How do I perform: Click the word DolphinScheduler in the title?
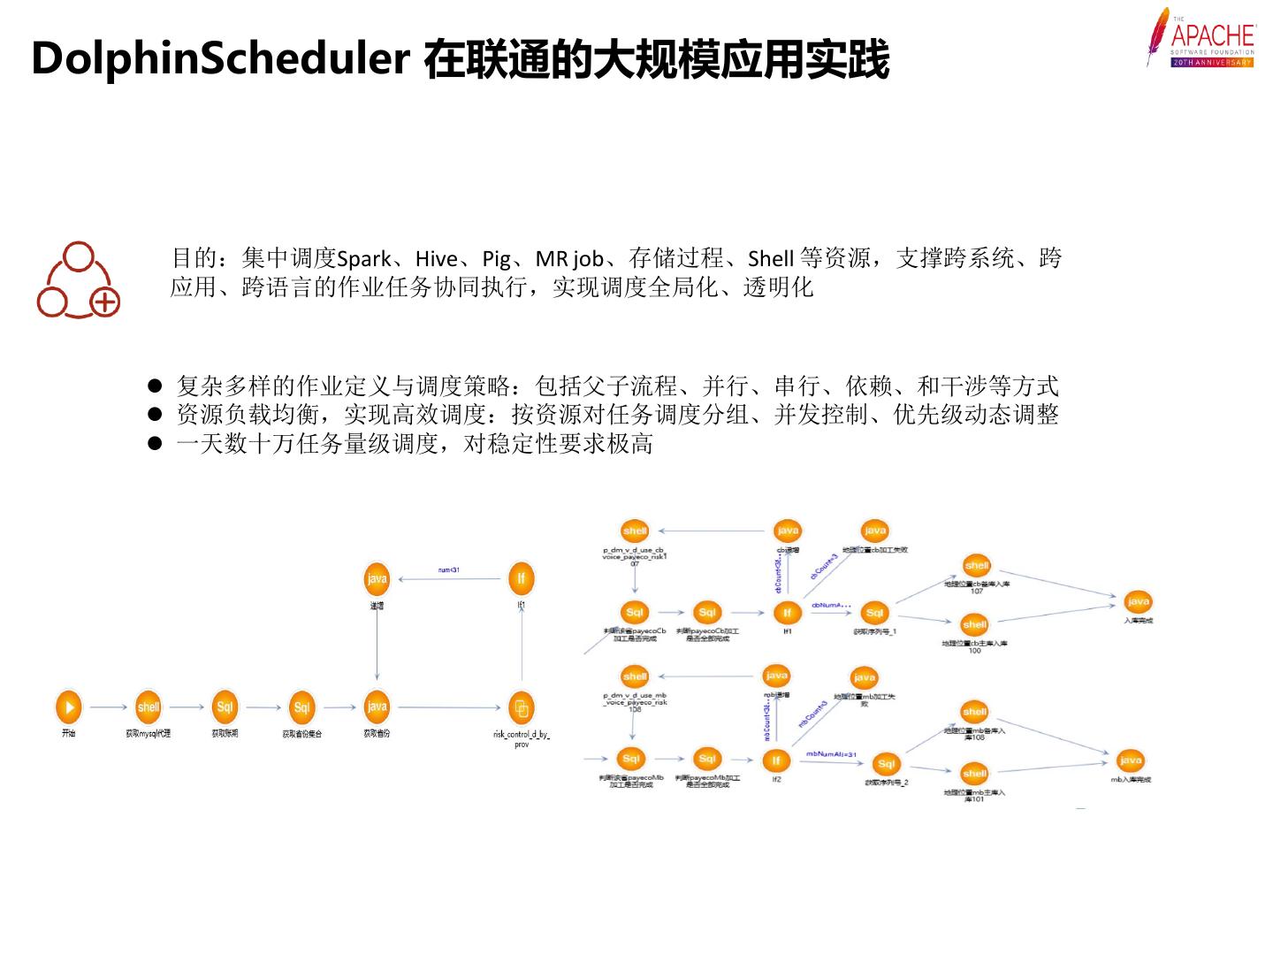click(x=220, y=59)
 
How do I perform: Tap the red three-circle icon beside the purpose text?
click(x=78, y=280)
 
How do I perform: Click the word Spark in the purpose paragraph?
click(x=363, y=259)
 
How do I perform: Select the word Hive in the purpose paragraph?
click(x=436, y=259)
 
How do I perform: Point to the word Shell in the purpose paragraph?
click(x=770, y=259)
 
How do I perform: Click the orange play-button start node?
click(x=68, y=707)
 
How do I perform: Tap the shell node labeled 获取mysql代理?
click(x=148, y=707)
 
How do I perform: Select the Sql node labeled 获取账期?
click(x=225, y=707)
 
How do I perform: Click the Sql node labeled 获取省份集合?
click(x=301, y=707)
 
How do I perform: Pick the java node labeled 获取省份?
click(x=377, y=707)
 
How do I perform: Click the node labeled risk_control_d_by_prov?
click(x=521, y=707)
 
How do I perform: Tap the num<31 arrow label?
click(x=449, y=569)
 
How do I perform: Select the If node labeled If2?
click(x=776, y=760)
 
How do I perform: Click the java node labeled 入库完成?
click(x=1138, y=602)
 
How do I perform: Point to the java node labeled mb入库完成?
click(x=1130, y=760)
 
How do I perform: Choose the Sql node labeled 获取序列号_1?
click(x=874, y=613)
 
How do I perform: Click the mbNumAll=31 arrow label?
click(x=831, y=754)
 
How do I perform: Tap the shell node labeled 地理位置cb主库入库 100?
click(x=974, y=625)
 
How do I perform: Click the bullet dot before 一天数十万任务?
click(x=156, y=443)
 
